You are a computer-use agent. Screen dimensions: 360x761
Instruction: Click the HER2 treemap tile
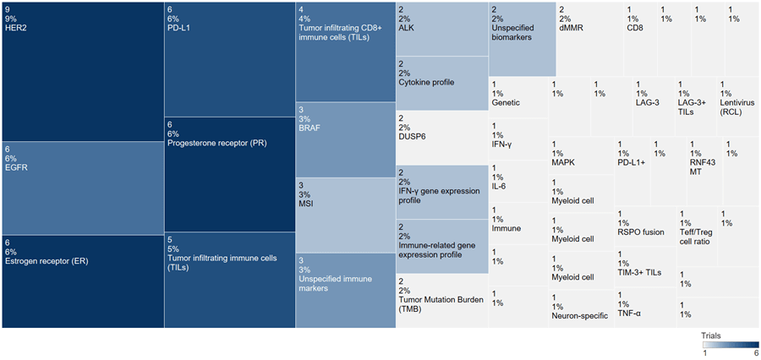(x=82, y=72)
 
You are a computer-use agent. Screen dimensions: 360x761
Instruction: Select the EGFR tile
(x=82, y=188)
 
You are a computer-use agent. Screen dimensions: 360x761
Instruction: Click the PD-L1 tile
(x=228, y=59)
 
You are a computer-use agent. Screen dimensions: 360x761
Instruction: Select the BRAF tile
(x=344, y=139)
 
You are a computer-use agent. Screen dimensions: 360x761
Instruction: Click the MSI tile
(x=344, y=215)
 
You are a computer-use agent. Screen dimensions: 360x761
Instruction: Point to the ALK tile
(x=441, y=30)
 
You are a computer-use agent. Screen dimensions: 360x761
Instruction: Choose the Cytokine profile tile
(x=441, y=83)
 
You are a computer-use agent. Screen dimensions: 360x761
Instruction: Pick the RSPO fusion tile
(x=644, y=227)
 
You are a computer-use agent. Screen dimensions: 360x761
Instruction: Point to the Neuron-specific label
(x=579, y=316)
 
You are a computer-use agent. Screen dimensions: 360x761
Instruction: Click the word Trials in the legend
(x=712, y=335)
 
